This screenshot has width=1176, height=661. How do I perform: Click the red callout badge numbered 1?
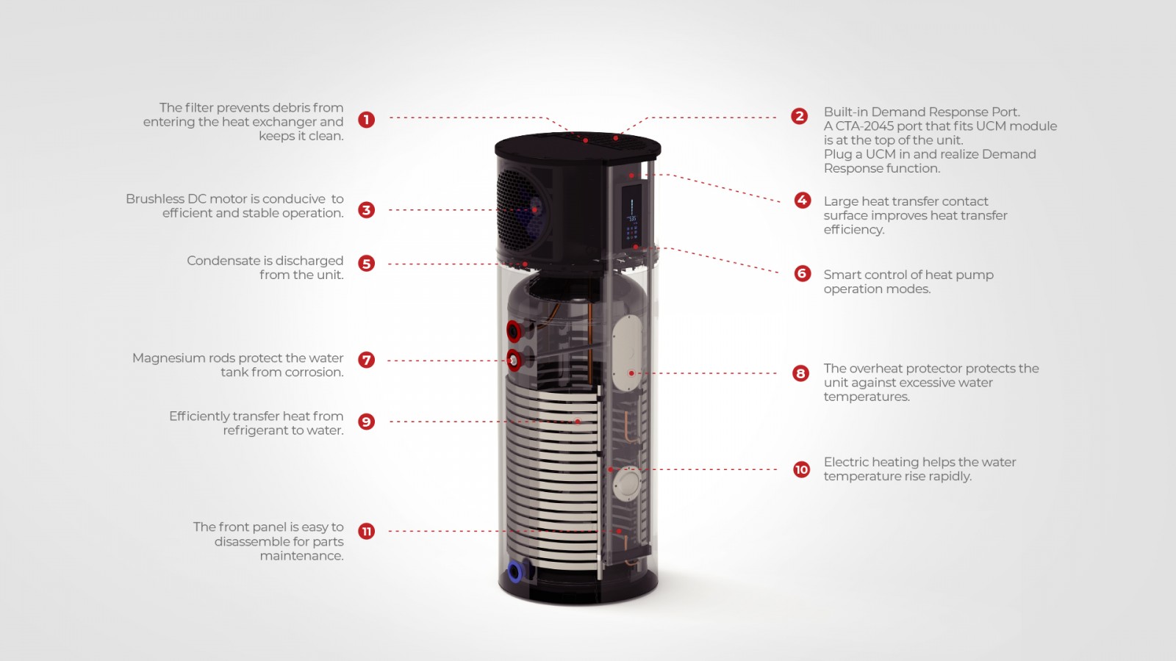pos(367,120)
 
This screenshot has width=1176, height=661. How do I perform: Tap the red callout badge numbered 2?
pos(800,116)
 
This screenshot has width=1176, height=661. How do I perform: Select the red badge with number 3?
pos(367,210)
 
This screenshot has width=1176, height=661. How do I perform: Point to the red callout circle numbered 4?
pos(802,200)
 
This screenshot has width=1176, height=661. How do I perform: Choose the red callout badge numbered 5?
pos(367,264)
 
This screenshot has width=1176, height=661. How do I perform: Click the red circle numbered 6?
pos(802,273)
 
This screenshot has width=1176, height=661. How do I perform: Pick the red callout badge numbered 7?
pos(367,360)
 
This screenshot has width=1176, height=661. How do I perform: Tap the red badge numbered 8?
pos(800,374)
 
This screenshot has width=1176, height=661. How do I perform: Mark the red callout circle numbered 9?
pos(367,422)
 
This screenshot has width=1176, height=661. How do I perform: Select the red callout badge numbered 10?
pos(802,469)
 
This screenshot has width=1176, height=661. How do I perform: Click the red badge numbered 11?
pos(367,532)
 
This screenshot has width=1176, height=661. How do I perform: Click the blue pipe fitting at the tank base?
pos(515,572)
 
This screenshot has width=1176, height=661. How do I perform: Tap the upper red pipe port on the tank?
pos(514,331)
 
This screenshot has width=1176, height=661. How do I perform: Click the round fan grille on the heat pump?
pos(523,211)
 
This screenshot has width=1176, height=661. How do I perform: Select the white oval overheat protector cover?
pos(628,353)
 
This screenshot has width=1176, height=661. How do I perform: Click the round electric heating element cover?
pos(628,484)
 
